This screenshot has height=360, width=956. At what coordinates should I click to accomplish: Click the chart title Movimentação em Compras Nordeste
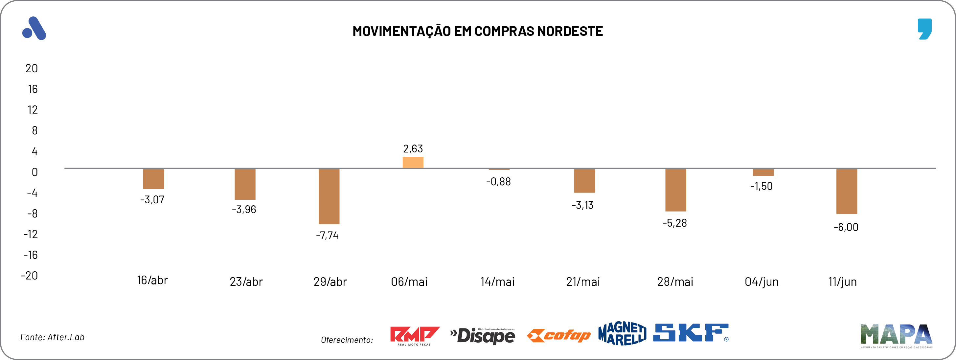coord(478,31)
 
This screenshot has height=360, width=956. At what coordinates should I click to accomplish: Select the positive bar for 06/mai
coord(413,163)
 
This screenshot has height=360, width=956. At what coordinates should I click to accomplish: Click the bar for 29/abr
coord(329,196)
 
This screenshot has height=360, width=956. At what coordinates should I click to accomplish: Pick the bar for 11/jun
coord(847,191)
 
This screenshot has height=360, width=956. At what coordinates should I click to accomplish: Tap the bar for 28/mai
coord(675,190)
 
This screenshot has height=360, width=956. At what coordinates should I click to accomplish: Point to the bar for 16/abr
coord(153,179)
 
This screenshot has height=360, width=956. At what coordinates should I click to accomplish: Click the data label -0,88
coord(498,182)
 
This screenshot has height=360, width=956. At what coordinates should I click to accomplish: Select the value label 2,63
coord(413,149)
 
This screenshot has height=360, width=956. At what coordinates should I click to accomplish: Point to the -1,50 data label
coord(761,186)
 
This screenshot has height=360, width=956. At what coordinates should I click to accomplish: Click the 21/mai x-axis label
coord(583,282)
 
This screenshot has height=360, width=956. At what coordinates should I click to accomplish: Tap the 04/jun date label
coord(761,282)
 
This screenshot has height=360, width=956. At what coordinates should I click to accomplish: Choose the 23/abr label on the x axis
coord(246,282)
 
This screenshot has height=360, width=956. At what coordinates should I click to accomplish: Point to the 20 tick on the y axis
coord(32,69)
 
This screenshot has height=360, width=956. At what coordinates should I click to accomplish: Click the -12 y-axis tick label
coord(31,235)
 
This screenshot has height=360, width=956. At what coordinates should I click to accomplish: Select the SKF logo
coord(690,333)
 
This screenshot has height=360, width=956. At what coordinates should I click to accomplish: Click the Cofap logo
coord(558,336)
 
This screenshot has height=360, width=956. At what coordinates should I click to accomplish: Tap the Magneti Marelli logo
coord(622,333)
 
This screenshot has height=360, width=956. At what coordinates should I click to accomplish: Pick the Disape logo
coord(483,336)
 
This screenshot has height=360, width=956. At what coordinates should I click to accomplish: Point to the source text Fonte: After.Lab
coord(52,337)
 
